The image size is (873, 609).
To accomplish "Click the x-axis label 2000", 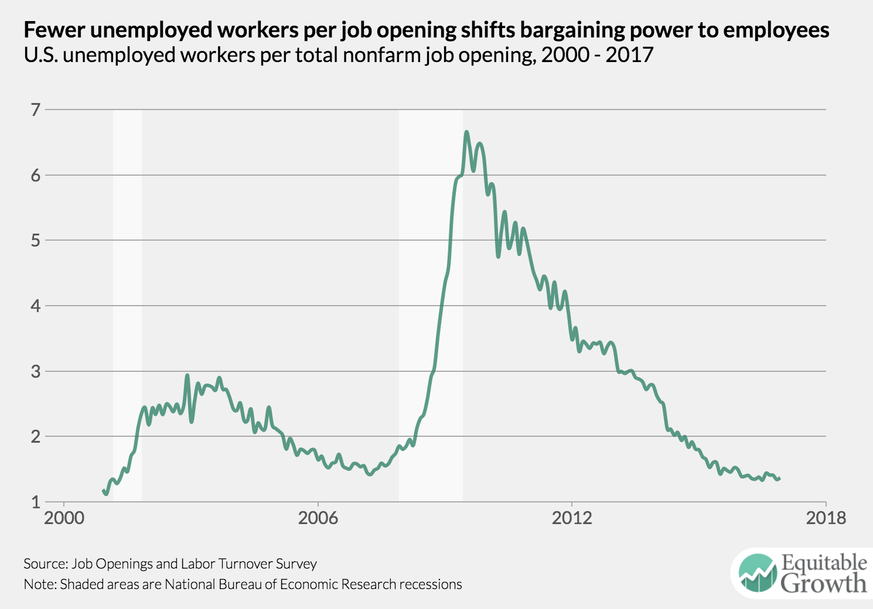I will click(64, 518).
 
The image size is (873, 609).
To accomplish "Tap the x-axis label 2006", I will click(318, 518).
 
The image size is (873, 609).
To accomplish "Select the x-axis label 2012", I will click(572, 518).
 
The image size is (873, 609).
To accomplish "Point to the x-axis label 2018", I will click(826, 518).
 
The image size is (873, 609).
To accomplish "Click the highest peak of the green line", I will click(466, 132).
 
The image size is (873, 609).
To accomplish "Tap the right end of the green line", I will click(779, 478).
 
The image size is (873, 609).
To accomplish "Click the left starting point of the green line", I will click(104, 491).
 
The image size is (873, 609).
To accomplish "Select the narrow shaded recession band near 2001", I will click(127, 304).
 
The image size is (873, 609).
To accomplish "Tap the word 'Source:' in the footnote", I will click(45, 564).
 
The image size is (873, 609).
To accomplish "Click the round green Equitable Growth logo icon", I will click(758, 572).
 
